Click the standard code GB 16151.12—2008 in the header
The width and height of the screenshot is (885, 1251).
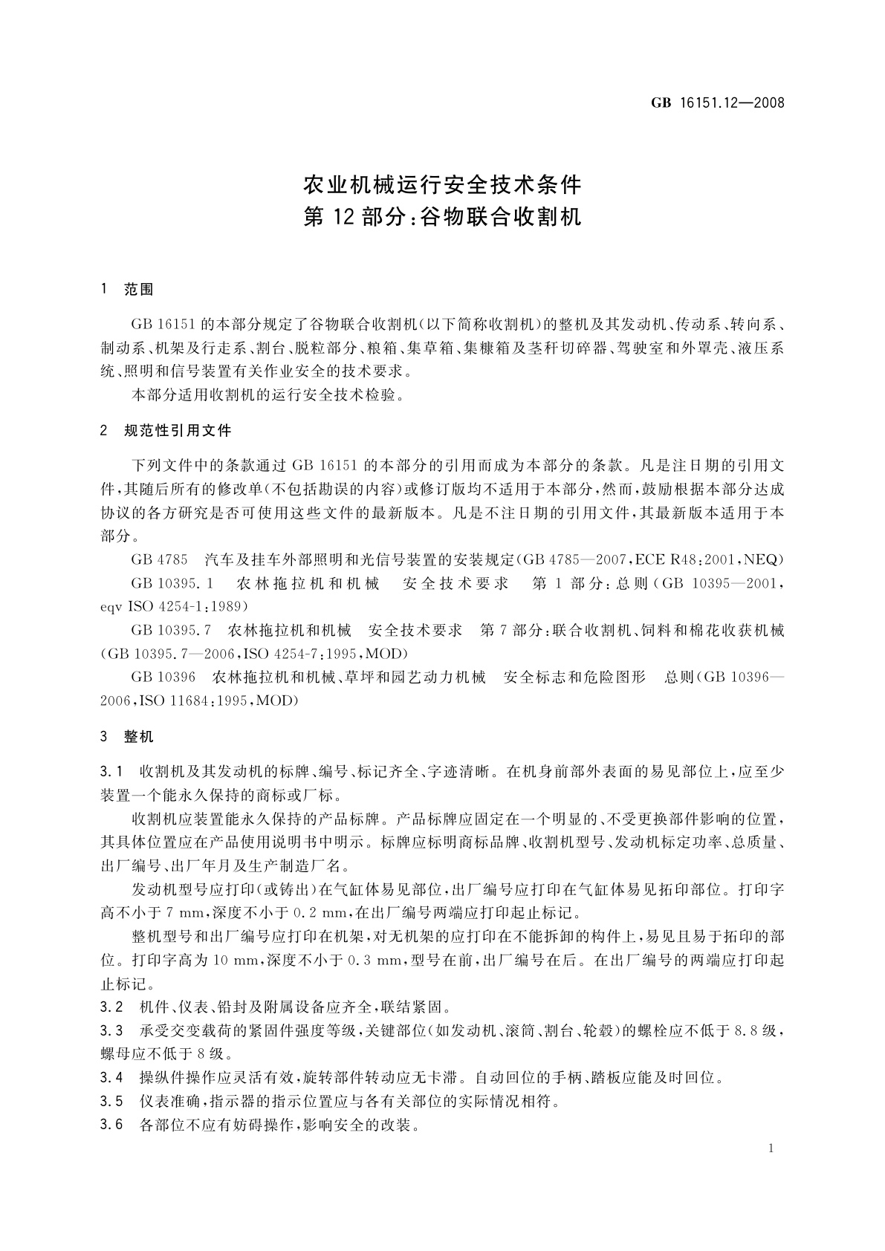click(x=717, y=103)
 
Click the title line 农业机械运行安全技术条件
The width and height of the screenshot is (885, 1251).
click(x=442, y=183)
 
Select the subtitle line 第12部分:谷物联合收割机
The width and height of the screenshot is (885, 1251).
click(x=442, y=217)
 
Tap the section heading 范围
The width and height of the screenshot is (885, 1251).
click(x=139, y=290)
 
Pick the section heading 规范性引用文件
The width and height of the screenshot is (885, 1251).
click(x=178, y=430)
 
